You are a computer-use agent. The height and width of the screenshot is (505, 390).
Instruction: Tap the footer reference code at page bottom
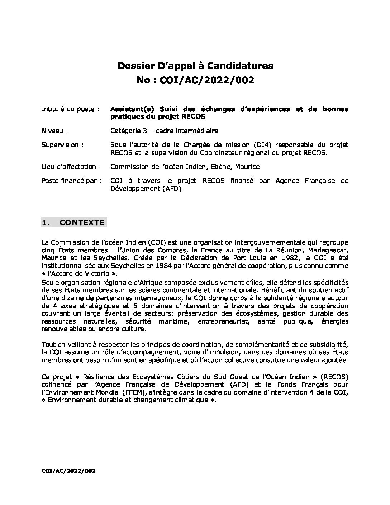(x=68, y=471)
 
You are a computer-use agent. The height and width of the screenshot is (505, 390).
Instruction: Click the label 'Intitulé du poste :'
(x=70, y=109)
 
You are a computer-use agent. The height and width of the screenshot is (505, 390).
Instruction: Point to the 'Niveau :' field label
(x=55, y=131)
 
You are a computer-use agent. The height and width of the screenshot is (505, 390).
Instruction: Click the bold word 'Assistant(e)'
(x=132, y=109)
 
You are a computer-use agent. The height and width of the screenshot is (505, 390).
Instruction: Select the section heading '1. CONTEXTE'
(x=74, y=222)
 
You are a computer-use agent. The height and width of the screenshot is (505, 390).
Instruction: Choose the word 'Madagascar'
(x=327, y=250)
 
